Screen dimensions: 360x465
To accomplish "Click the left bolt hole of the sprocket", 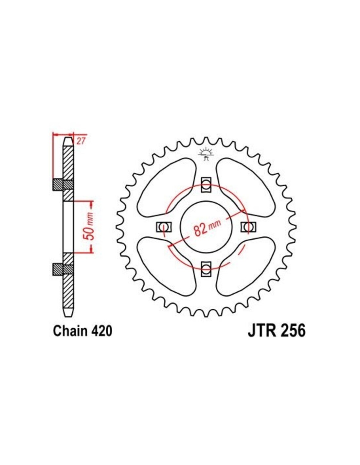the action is click(x=164, y=227).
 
